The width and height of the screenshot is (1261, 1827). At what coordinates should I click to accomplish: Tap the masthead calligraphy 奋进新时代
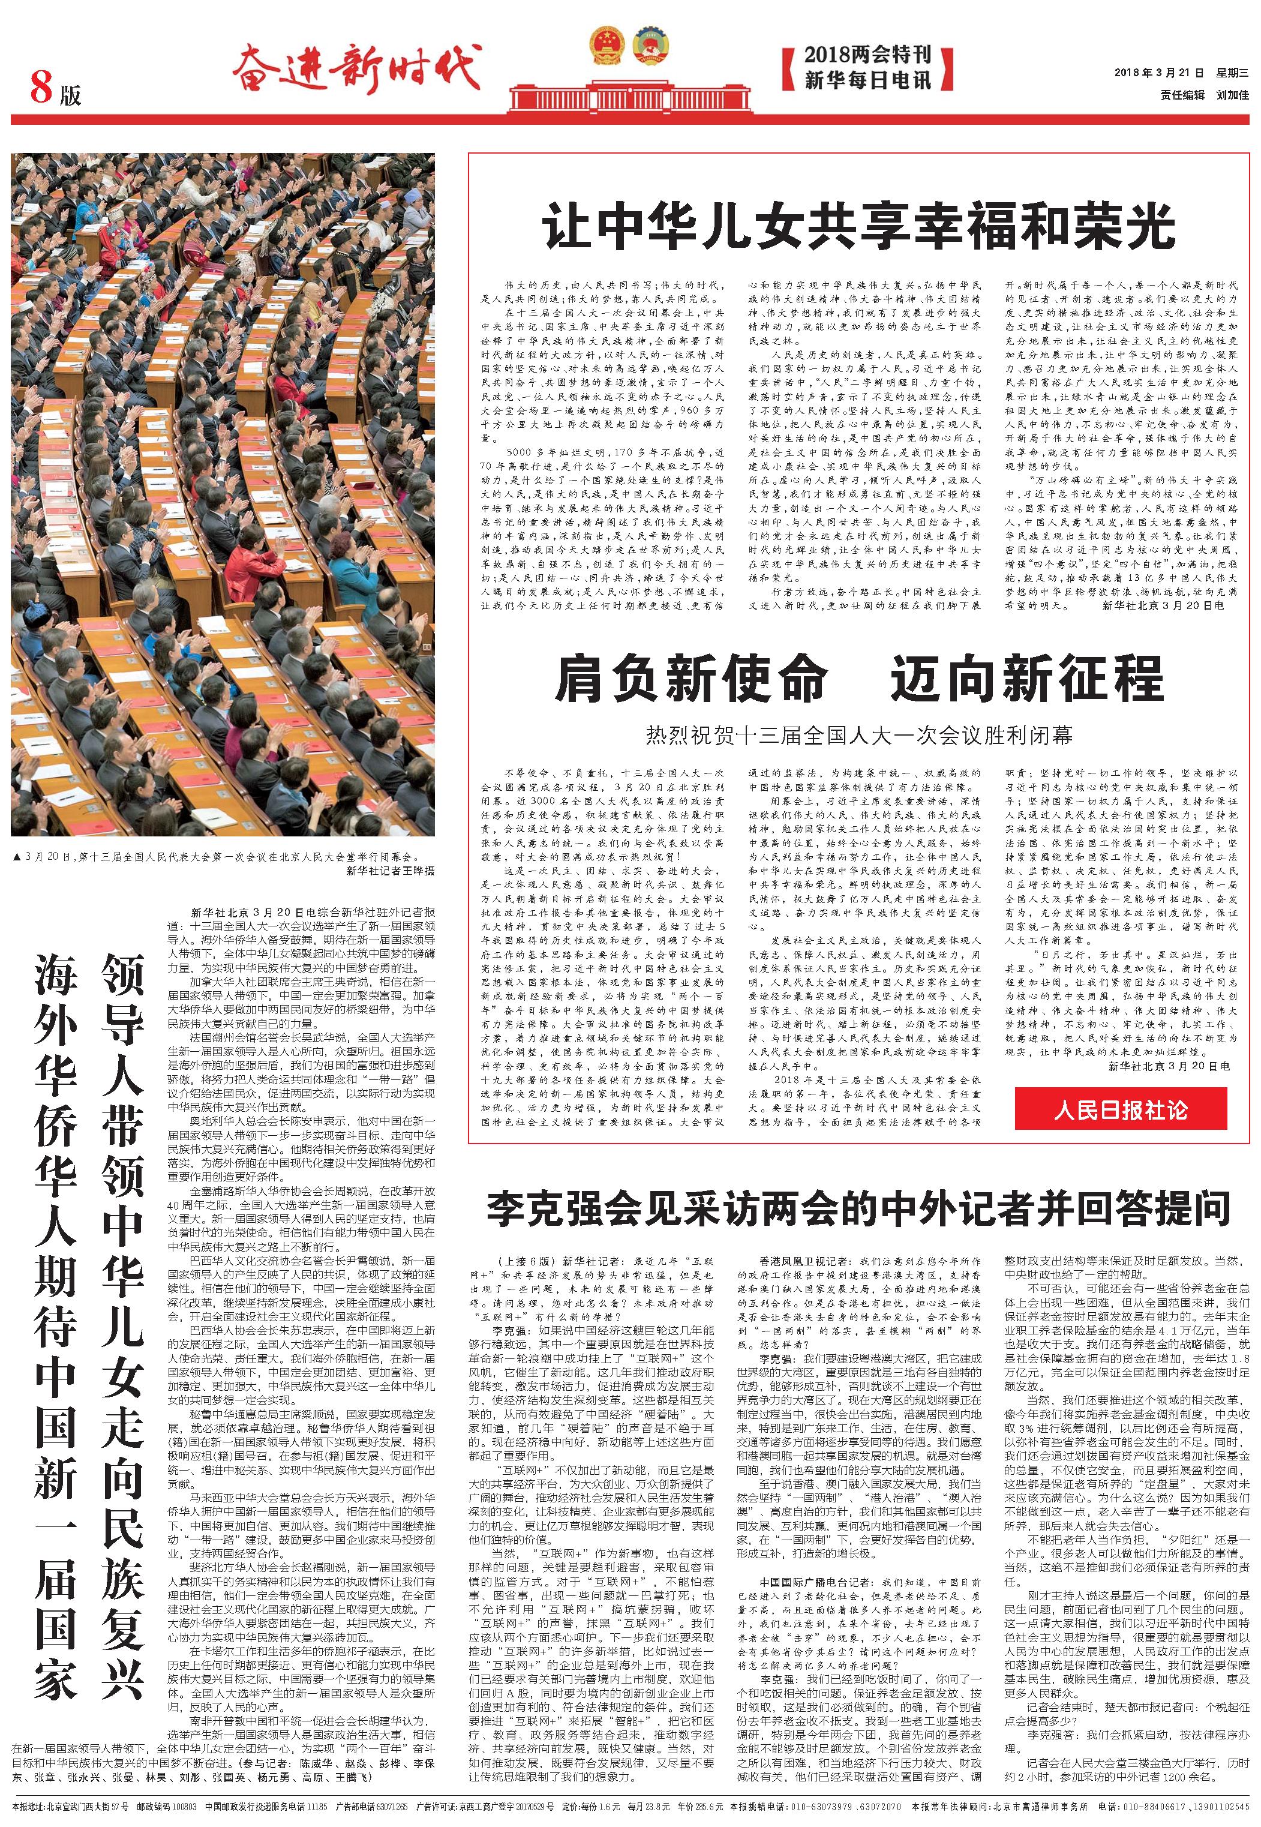(x=356, y=67)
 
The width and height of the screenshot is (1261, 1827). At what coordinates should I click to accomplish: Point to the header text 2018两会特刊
(x=867, y=55)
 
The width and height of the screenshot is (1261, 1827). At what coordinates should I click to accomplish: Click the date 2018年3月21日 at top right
(x=1159, y=73)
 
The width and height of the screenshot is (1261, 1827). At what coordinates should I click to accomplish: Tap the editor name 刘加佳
(x=1233, y=95)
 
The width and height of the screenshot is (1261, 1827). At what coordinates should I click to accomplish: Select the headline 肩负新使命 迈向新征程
(x=859, y=680)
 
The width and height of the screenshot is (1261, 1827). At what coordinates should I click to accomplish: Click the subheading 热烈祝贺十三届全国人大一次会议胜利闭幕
(x=859, y=736)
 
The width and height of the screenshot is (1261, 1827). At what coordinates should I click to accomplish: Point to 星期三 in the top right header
(x=1233, y=73)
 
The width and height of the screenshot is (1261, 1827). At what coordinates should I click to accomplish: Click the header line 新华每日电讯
(x=867, y=80)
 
